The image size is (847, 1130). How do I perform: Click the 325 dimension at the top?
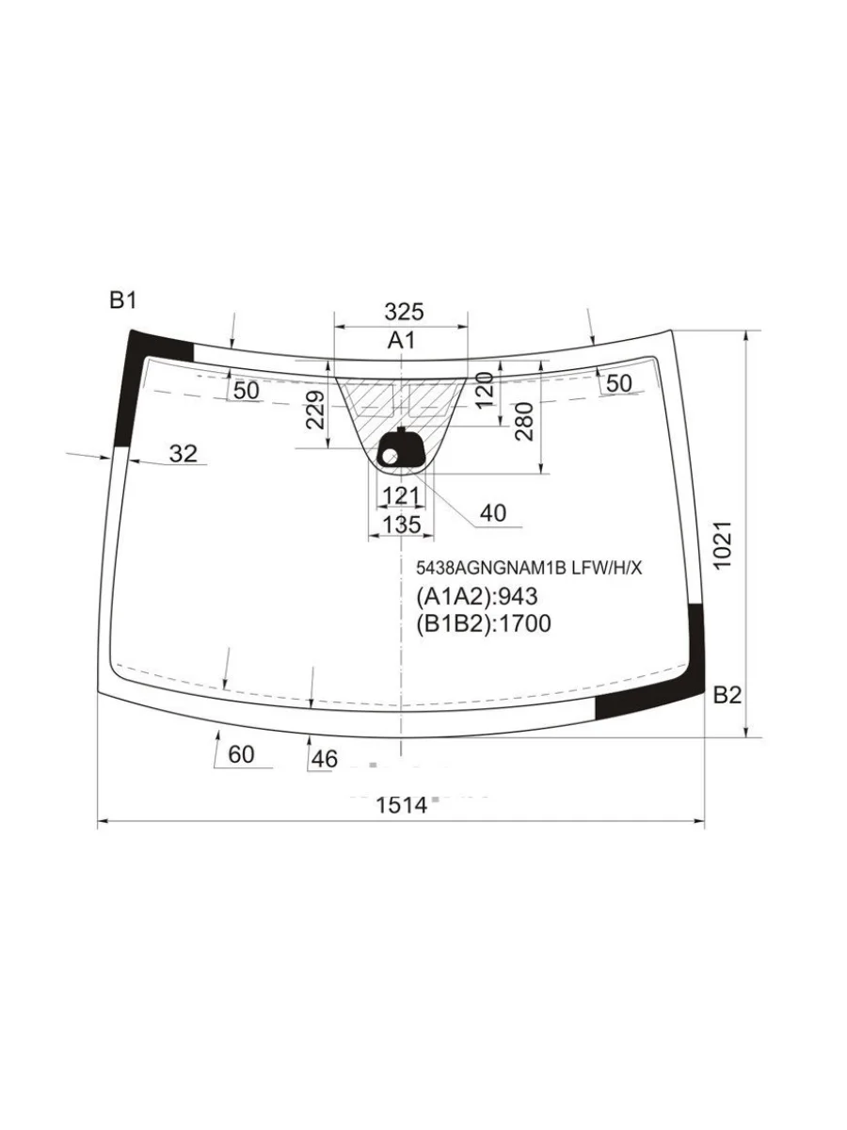tap(404, 312)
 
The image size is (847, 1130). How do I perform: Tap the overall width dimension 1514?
tap(402, 805)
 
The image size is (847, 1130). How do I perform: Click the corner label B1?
tap(123, 301)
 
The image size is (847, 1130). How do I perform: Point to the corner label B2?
tap(727, 696)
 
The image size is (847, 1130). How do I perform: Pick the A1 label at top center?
tap(402, 341)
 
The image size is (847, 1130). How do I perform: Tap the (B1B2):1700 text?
tap(484, 622)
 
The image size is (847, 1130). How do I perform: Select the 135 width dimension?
tap(402, 525)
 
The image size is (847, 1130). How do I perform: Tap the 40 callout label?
tap(492, 513)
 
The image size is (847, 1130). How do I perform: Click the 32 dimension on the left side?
tap(184, 454)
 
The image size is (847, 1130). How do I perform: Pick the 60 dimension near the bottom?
tap(241, 754)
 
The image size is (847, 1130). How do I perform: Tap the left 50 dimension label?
tap(246, 390)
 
